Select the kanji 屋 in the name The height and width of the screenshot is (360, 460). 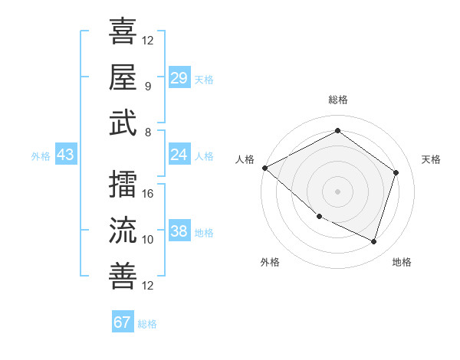(x=123, y=77)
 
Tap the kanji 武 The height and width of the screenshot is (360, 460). (x=123, y=124)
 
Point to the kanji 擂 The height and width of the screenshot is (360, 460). (x=123, y=183)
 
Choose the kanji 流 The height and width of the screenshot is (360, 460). (x=123, y=230)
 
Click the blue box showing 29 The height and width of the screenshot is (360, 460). (x=179, y=77)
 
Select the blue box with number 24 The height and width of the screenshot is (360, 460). (x=179, y=155)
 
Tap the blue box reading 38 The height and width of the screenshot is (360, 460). (x=179, y=231)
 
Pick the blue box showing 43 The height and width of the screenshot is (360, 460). (x=65, y=155)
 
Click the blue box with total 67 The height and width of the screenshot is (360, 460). (x=122, y=322)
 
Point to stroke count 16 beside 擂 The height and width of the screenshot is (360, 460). (x=149, y=193)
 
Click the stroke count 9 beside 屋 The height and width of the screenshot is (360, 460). (x=148, y=86)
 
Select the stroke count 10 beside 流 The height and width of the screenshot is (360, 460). (x=148, y=240)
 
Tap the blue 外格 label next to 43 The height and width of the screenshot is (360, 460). (x=41, y=155)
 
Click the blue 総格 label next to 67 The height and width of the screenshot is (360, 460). (x=147, y=323)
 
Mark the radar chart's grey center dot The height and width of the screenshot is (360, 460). (x=337, y=191)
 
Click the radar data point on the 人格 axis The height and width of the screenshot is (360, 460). (x=264, y=168)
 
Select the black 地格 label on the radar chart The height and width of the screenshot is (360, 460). (x=402, y=262)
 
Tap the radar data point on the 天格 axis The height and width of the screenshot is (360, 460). (x=396, y=172)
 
